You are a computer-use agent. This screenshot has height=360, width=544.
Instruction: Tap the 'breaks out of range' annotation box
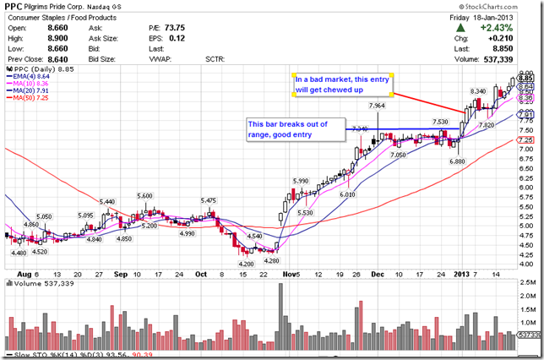296,128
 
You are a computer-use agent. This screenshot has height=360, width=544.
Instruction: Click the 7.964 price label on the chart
377,106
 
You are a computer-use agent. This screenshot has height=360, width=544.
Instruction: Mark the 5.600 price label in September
144,195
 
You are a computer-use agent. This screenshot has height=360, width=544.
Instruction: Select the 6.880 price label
457,161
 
